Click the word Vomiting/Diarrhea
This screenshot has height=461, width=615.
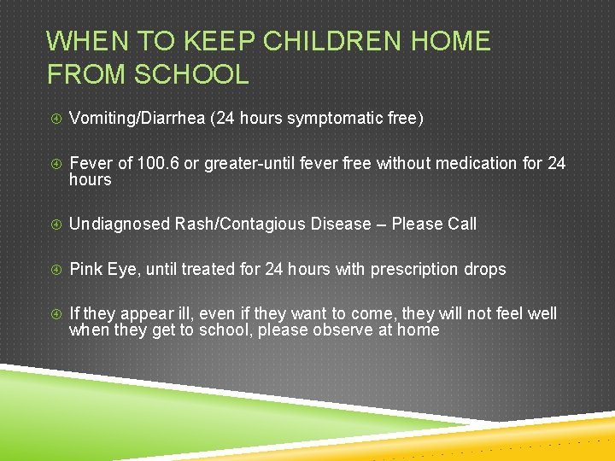[x=137, y=118]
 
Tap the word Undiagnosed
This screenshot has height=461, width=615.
[x=120, y=224]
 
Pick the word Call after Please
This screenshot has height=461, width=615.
[x=461, y=224]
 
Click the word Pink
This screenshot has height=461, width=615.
[x=85, y=269]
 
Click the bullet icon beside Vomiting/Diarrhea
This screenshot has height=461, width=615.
[x=54, y=119]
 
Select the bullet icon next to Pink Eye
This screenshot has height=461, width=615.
[x=54, y=270]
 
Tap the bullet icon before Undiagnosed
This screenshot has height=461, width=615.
[x=54, y=225]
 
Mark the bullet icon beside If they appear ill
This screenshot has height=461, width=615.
[x=54, y=314]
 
